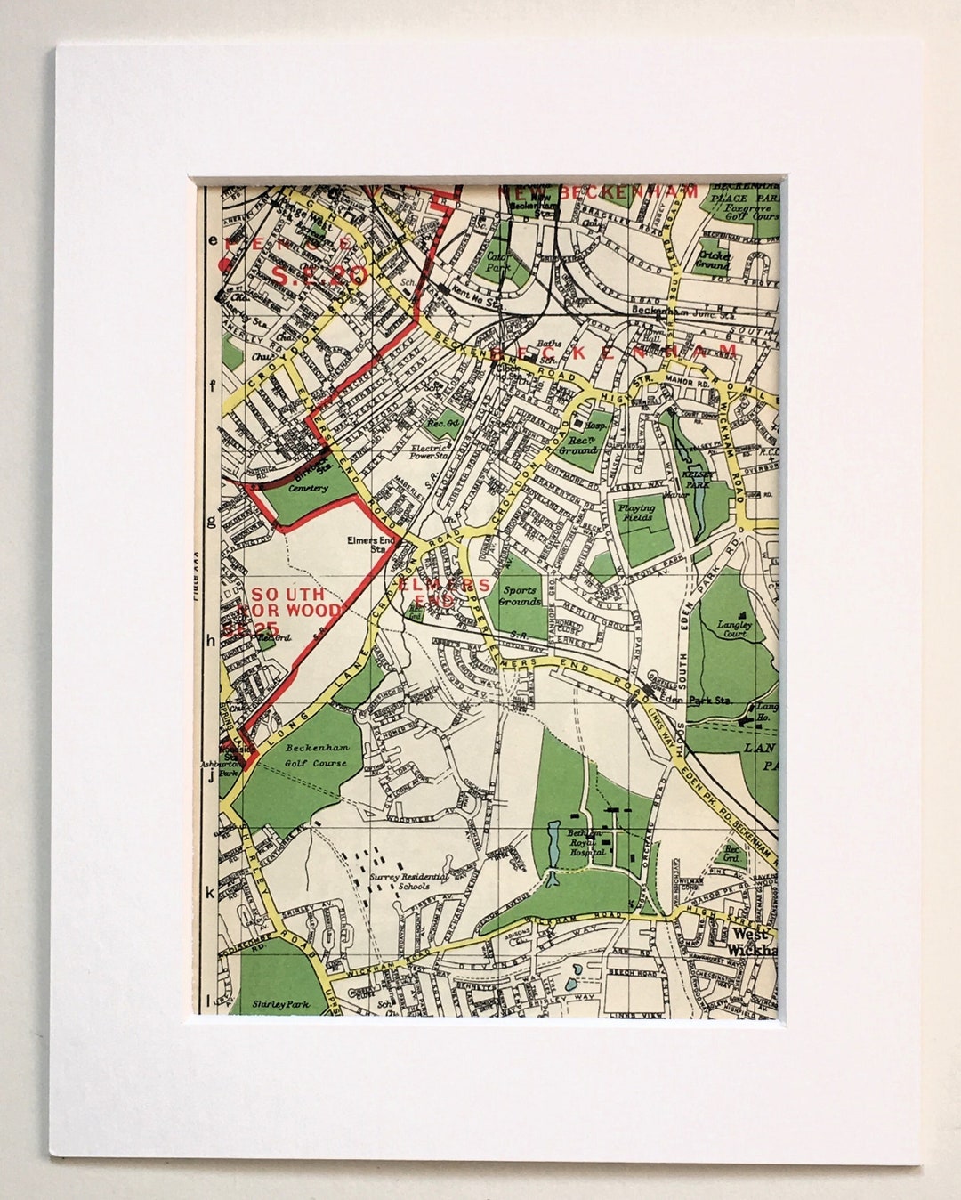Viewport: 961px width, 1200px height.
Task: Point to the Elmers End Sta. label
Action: coord(367,543)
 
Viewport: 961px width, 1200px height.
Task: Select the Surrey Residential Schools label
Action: coord(399,880)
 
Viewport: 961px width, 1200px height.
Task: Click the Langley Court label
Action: coord(735,629)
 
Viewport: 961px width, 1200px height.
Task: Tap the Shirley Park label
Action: coord(280,1003)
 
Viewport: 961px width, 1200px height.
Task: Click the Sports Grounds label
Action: coord(520,596)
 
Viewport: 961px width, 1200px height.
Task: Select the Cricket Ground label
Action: coord(714,259)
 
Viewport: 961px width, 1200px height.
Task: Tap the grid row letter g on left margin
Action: coord(212,521)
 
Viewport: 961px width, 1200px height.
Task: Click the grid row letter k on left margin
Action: coord(212,892)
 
